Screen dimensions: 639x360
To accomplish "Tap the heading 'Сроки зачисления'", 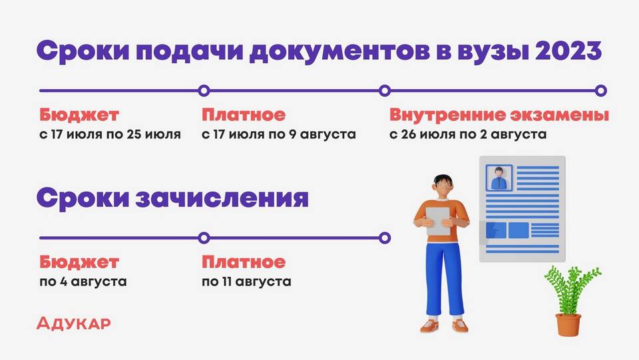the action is point(172,198).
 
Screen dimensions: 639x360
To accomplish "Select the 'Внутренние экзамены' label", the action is point(499,114).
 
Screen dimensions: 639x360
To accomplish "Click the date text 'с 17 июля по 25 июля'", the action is point(110,134).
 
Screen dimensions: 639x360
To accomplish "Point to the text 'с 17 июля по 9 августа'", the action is point(279,134).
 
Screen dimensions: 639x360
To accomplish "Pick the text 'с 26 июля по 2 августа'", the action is point(468,134).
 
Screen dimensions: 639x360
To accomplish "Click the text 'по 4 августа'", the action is point(83,281).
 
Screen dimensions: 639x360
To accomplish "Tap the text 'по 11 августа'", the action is point(246,281).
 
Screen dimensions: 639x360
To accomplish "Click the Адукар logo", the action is point(73,323).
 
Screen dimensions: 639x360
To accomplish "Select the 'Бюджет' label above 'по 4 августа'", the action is point(79,262).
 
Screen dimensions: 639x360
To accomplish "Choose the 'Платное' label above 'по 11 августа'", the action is point(244,262).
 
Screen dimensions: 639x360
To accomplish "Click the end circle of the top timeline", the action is point(600,90).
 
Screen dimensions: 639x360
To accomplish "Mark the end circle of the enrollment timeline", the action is point(384,238).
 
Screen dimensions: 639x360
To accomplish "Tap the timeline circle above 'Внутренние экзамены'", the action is point(384,90).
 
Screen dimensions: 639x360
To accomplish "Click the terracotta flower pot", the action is point(568,325).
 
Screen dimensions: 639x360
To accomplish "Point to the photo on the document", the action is point(499,178).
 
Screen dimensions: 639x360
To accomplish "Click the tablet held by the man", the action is point(438,221).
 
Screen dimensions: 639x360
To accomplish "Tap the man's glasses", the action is point(444,186).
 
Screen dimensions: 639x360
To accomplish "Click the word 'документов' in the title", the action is point(339,52).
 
